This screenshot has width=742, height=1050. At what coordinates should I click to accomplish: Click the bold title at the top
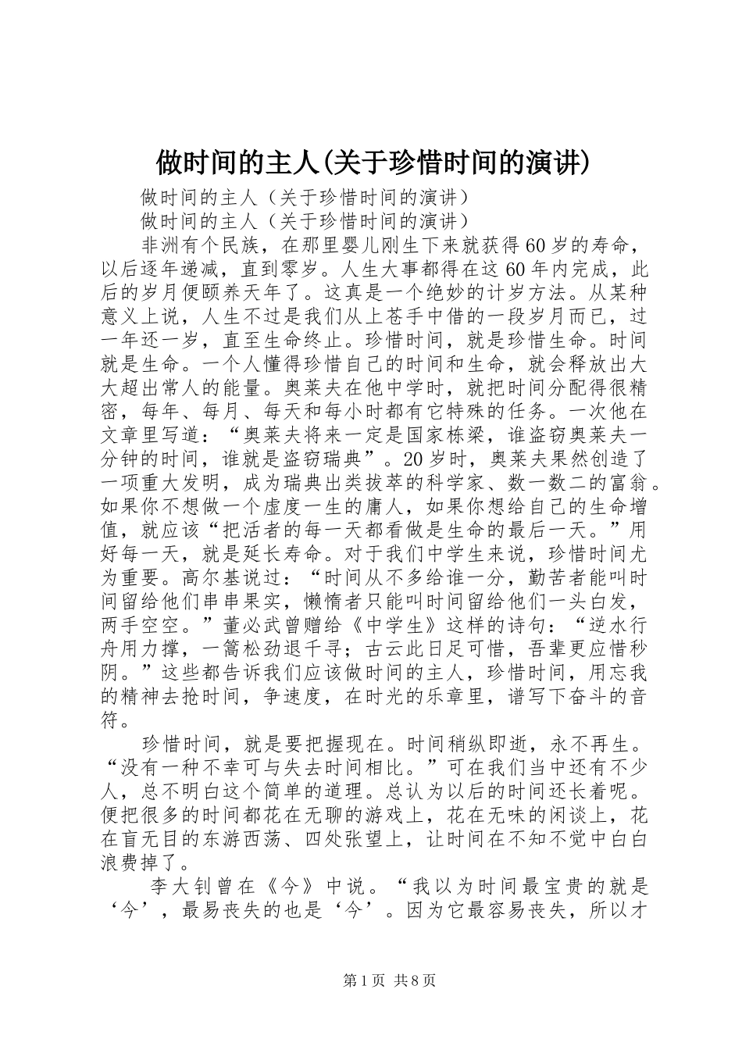[x=371, y=162]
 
